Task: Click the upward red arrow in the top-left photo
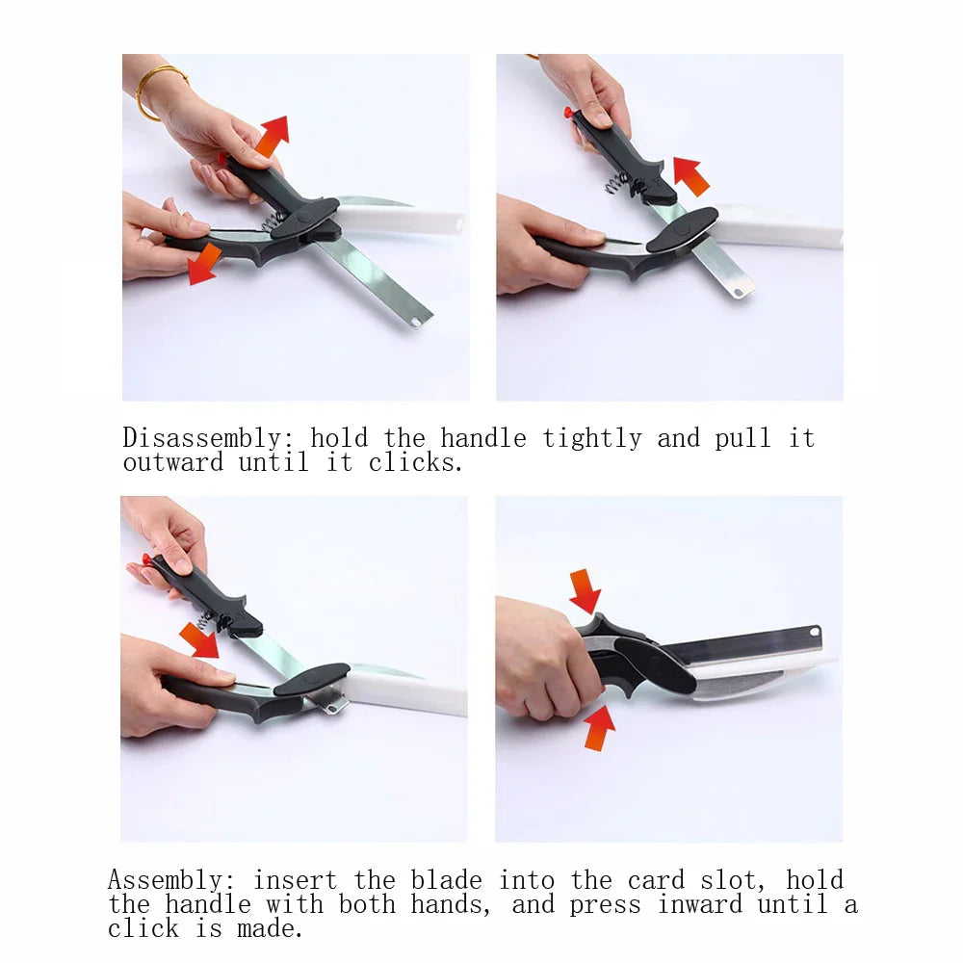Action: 272,134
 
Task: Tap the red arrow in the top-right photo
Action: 690,175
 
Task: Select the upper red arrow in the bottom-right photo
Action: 585,589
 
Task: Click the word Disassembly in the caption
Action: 200,439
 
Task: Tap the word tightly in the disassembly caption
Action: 591,439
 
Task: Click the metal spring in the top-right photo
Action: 617,178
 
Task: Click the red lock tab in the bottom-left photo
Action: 147,559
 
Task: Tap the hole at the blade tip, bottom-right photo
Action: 815,632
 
